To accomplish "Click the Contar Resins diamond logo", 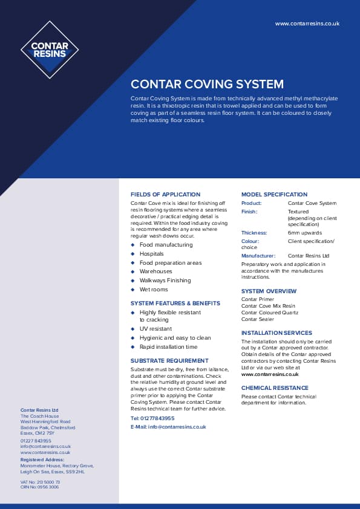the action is coord(50,50).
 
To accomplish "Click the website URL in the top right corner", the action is coord(307,24).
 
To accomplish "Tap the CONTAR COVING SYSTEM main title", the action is coord(207,85).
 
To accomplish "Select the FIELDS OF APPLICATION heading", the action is coord(165,195).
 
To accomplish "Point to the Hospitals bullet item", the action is coord(151,254).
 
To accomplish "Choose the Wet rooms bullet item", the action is coord(154,290).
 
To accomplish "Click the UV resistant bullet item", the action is coord(155,329).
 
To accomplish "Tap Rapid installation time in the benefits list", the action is coord(168,347).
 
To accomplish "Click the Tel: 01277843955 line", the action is coord(152,418).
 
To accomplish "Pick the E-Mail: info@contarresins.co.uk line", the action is coord(168,427).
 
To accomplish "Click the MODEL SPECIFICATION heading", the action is coord(274,195).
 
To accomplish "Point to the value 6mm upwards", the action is coord(304,233).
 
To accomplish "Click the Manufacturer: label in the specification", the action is coord(258,256).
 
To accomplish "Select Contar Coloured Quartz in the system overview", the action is coord(269,313).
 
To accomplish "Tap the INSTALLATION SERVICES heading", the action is coord(277,333).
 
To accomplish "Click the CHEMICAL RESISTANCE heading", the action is coord(274,387).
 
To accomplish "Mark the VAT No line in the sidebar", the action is coord(40,482).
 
